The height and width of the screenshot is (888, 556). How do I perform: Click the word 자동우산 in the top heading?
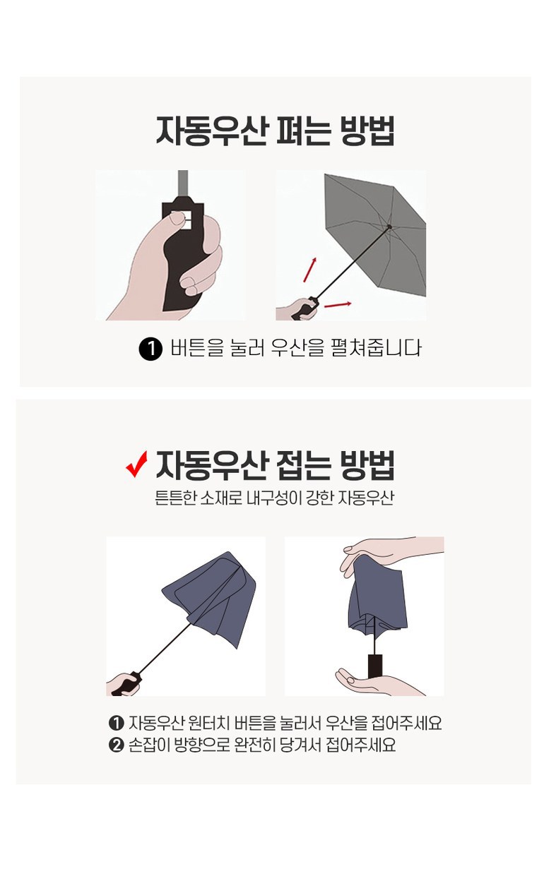pyautogui.click(x=210, y=130)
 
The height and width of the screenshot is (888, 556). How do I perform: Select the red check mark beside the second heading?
pyautogui.click(x=136, y=464)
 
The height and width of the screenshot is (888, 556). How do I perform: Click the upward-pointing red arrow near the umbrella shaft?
pyautogui.click(x=310, y=270)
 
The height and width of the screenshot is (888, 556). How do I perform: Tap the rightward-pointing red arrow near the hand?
pyautogui.click(x=338, y=304)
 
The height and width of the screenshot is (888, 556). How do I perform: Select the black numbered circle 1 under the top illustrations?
pyautogui.click(x=150, y=349)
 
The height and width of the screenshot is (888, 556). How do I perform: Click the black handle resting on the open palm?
pyautogui.click(x=375, y=666)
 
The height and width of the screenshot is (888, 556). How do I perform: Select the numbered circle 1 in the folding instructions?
pyautogui.click(x=116, y=724)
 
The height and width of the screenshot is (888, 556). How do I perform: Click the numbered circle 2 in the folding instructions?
pyautogui.click(x=116, y=745)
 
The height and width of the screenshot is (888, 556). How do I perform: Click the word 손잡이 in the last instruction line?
pyautogui.click(x=149, y=745)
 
